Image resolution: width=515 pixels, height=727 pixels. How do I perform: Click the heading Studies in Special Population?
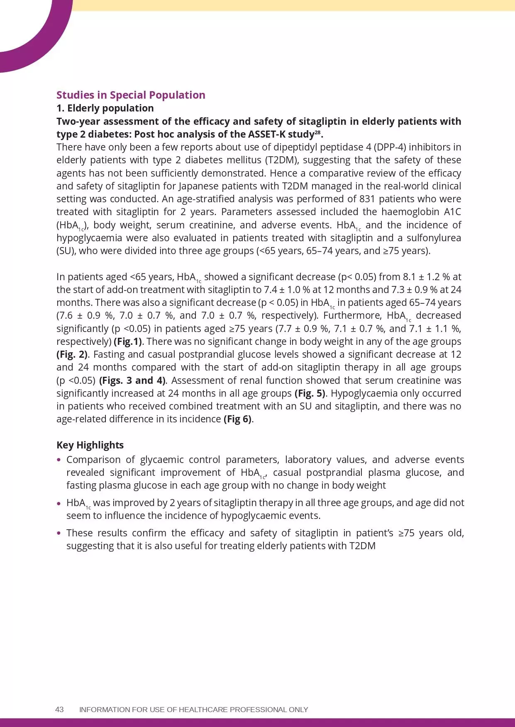point(131,95)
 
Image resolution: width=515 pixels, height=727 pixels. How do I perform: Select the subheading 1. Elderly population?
point(105,108)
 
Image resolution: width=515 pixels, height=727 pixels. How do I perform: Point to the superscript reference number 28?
point(318,132)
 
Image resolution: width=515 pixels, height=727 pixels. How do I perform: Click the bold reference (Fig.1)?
point(128,342)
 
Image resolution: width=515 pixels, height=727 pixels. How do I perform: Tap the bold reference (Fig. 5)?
point(310,393)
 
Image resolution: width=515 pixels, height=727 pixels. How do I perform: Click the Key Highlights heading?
point(90,445)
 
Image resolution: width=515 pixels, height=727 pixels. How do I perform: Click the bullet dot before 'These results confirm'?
point(59,533)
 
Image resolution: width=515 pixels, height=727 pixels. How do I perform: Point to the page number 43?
point(59,710)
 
